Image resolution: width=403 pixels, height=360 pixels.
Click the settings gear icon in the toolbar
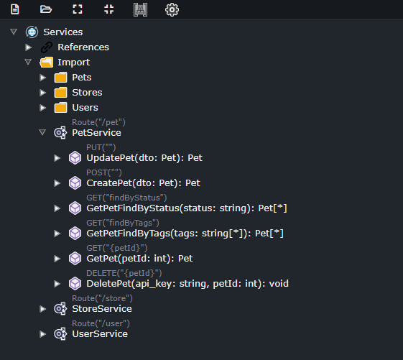172,9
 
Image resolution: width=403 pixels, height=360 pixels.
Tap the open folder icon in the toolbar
46,9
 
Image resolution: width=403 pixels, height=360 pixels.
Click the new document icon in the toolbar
15,9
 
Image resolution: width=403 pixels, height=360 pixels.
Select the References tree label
83,47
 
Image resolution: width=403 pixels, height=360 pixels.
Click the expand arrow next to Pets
42,78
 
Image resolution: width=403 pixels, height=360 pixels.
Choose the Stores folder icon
60,92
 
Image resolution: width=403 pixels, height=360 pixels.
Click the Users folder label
85,108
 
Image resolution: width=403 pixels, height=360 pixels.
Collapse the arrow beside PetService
42,132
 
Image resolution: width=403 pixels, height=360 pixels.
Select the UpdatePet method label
144,158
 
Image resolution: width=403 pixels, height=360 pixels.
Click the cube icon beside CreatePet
75,183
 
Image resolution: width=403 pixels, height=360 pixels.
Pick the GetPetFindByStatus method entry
187,208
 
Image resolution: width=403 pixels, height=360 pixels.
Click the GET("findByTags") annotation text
123,223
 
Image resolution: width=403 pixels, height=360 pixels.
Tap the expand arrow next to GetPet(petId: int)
57,259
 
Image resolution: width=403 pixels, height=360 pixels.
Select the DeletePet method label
187,284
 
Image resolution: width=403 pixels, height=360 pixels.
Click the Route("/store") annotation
102,298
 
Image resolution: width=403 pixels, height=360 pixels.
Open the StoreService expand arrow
42,309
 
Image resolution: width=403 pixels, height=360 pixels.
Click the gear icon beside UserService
60,334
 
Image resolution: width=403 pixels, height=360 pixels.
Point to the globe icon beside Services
32,32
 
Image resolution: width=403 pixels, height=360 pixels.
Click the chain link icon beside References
47,47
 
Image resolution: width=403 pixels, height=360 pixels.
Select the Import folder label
74,63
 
